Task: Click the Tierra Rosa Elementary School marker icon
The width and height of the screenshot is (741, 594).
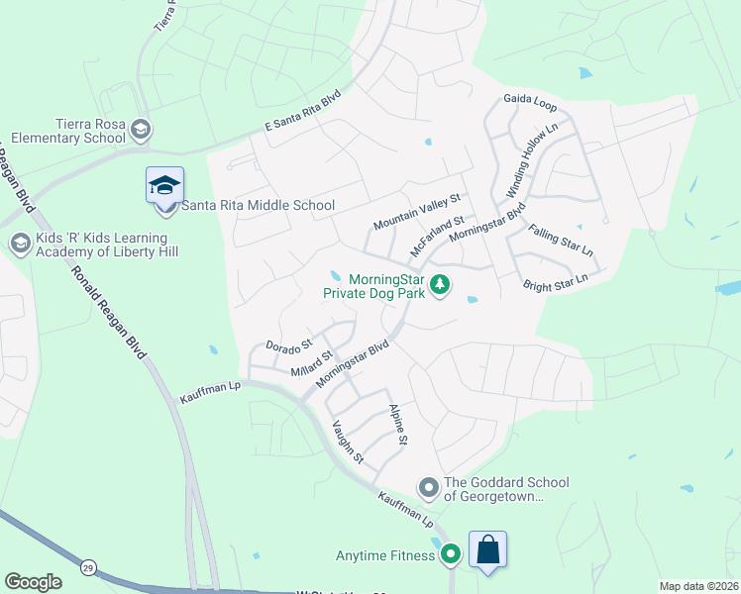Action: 141,129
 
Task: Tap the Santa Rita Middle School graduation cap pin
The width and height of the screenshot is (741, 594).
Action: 164,185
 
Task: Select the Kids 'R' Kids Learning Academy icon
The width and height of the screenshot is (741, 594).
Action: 19,243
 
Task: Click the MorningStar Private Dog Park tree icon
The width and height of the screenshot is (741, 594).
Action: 440,286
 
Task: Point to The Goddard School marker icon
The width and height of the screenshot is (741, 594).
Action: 428,487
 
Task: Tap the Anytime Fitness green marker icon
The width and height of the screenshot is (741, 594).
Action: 451,555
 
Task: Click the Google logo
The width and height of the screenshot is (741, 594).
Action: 32,582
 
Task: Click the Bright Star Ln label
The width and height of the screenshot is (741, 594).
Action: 555,281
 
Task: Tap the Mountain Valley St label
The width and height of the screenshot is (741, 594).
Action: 417,212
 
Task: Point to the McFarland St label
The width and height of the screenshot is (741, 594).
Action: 437,236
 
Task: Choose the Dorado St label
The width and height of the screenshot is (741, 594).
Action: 288,346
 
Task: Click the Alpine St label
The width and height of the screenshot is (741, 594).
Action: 399,424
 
